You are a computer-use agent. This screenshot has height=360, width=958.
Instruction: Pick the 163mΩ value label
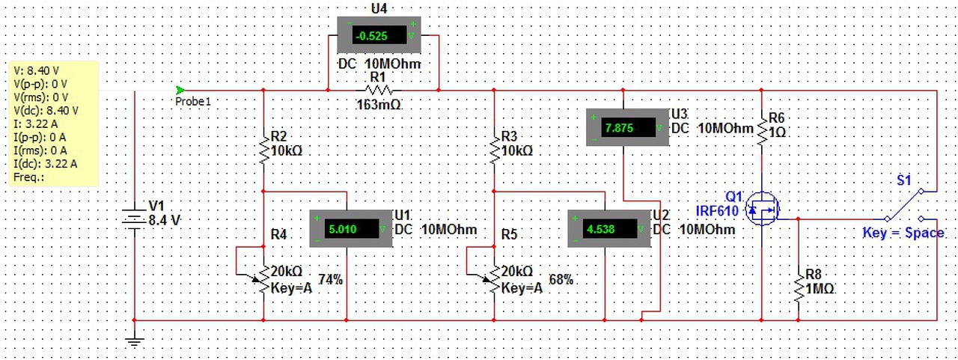pos(379,106)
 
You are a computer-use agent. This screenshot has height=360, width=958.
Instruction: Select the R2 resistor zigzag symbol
pos(263,148)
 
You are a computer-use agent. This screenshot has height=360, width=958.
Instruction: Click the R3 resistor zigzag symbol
pos(494,148)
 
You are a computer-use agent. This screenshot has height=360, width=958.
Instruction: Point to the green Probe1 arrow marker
pos(180,91)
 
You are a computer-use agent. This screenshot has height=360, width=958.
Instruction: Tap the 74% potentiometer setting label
pos(330,280)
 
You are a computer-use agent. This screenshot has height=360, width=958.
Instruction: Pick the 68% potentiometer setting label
pos(561,280)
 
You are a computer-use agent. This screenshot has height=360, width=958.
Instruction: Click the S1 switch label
pos(904,180)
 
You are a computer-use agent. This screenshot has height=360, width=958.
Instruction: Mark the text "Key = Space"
pos(903,234)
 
